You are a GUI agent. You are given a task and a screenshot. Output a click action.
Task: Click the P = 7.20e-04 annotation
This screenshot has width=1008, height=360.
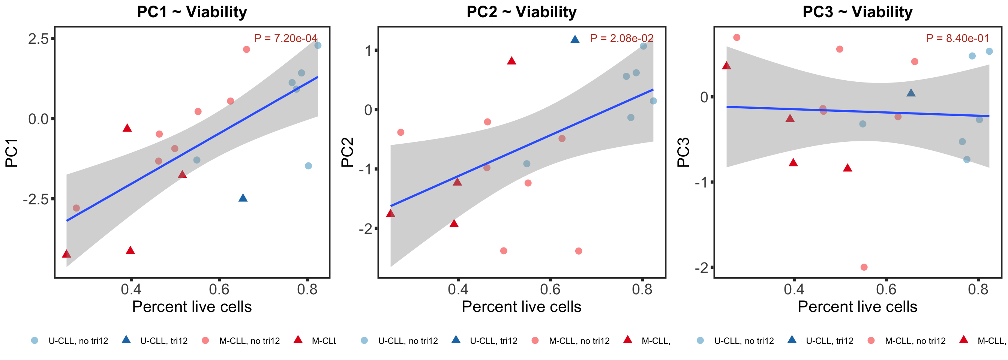[x=286, y=38]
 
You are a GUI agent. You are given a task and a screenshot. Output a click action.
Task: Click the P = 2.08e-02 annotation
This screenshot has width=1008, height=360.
[x=622, y=38]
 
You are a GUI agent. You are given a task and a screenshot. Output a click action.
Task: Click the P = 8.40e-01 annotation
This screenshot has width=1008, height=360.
[x=957, y=38]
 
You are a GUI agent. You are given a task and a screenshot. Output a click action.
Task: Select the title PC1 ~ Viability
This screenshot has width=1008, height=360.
[x=192, y=12]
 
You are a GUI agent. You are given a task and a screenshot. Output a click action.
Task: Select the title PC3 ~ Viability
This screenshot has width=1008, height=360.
[x=857, y=12]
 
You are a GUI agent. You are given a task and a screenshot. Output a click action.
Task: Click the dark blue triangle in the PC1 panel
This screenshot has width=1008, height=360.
[x=243, y=198]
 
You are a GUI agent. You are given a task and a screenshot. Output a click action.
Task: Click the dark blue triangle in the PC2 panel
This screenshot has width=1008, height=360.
[x=575, y=39]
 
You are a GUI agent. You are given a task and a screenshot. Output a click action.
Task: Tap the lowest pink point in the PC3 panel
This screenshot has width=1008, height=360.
[x=864, y=267]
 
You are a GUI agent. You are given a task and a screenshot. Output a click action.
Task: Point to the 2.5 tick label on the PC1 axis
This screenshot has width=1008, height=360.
[x=38, y=39]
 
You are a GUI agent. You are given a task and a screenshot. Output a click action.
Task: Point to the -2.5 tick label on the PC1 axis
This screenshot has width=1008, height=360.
[x=36, y=199]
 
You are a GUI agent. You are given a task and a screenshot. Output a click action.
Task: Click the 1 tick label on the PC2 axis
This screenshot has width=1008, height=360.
[x=368, y=51]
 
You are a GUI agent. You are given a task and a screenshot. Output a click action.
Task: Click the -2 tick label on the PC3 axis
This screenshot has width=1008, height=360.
[x=701, y=268]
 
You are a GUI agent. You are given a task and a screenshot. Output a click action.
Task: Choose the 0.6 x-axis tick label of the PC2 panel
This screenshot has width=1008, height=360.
[x=550, y=289]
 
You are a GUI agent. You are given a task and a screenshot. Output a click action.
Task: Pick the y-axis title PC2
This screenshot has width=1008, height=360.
[x=347, y=153]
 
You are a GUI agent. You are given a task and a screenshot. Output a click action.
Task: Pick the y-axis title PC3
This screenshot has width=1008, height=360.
[x=683, y=153]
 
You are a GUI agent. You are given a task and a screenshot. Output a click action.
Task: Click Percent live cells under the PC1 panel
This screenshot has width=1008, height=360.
[x=192, y=307]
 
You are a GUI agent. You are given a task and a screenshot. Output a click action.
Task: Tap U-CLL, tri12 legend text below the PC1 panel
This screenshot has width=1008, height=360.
[x=163, y=341]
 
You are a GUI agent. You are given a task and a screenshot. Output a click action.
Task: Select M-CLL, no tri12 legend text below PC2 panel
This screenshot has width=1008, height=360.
[x=579, y=341]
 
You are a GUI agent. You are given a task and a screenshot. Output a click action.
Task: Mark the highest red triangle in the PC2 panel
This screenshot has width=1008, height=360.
[x=511, y=61]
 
